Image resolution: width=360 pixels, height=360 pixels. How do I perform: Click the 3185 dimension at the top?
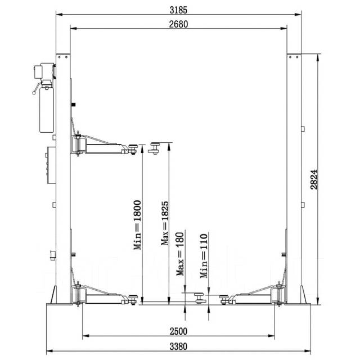(178, 10)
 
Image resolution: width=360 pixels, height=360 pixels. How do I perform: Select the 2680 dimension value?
(178, 24)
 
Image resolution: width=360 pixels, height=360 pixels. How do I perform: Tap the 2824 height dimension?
(314, 179)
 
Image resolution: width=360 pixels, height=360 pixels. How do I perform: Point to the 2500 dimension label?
(178, 331)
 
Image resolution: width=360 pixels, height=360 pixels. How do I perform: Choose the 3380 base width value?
(178, 346)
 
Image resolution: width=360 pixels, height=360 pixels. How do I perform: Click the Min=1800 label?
(137, 225)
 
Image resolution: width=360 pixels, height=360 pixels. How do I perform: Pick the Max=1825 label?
(165, 223)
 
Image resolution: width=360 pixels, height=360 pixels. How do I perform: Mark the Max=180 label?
(180, 254)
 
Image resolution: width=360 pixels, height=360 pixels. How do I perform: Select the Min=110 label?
(204, 256)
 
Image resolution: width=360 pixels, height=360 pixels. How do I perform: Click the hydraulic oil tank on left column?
(47, 110)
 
